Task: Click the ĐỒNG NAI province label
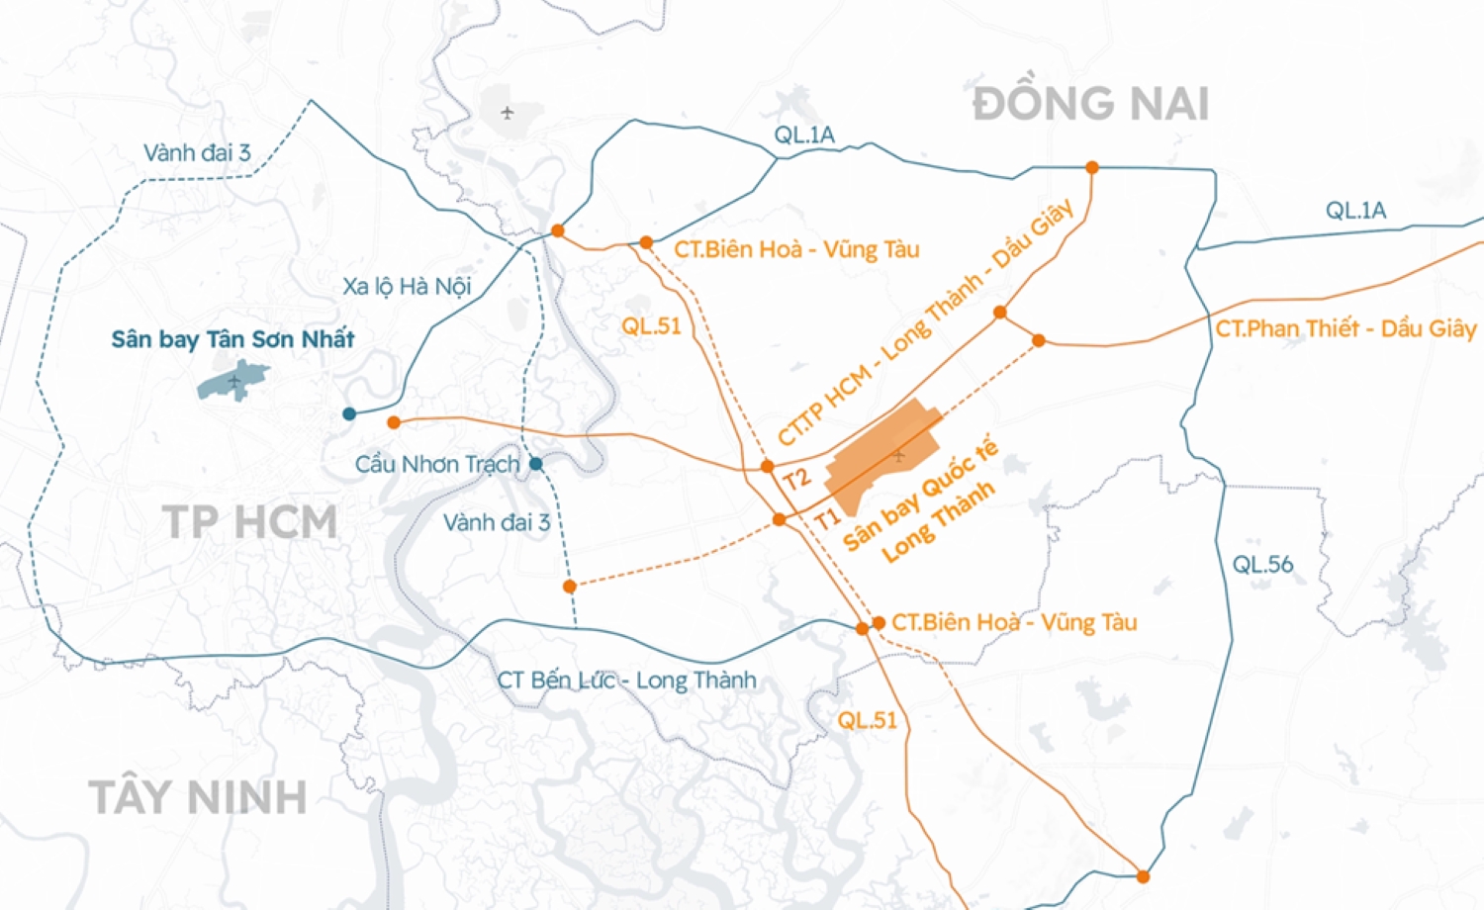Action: click(x=1090, y=104)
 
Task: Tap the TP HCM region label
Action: click(x=249, y=522)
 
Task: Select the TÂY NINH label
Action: click(x=198, y=797)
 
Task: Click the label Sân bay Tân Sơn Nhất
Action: click(x=232, y=339)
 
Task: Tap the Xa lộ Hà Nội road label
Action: click(x=407, y=287)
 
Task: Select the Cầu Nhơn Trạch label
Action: click(x=436, y=464)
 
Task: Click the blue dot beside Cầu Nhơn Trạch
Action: click(x=535, y=464)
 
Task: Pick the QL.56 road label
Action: click(x=1262, y=565)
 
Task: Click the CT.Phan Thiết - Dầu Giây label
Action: click(x=1345, y=328)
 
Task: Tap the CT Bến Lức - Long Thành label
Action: click(x=626, y=681)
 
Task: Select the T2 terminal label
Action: click(x=797, y=480)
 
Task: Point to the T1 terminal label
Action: click(x=827, y=518)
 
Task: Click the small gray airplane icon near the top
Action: click(x=508, y=113)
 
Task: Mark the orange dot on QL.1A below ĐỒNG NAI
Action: click(x=1092, y=167)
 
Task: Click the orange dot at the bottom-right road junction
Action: click(x=1143, y=876)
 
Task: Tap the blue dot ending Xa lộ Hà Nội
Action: click(x=349, y=413)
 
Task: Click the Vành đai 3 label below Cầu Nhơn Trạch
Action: click(x=496, y=522)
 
